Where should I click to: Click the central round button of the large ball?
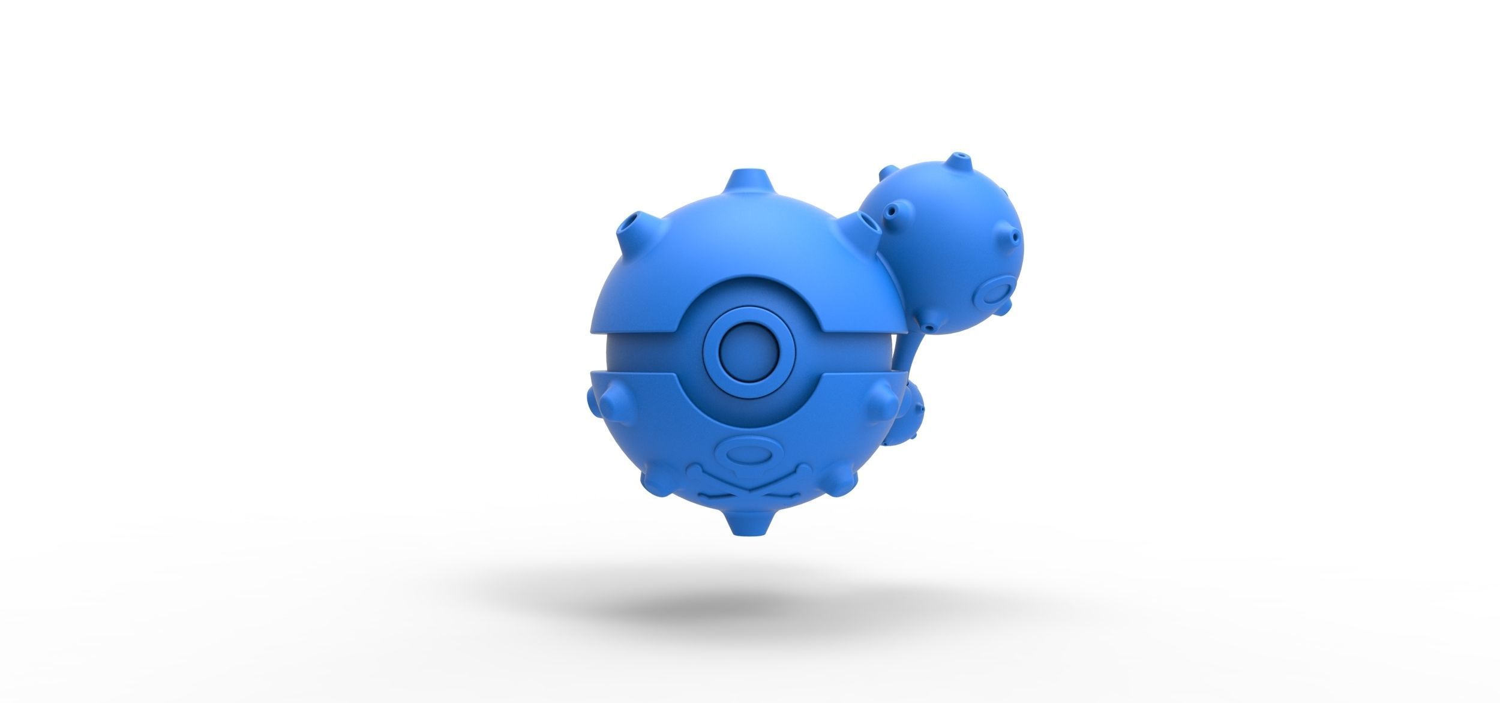[740, 347]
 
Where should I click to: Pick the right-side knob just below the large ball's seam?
[883, 396]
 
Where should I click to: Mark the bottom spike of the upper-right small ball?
[930, 328]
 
